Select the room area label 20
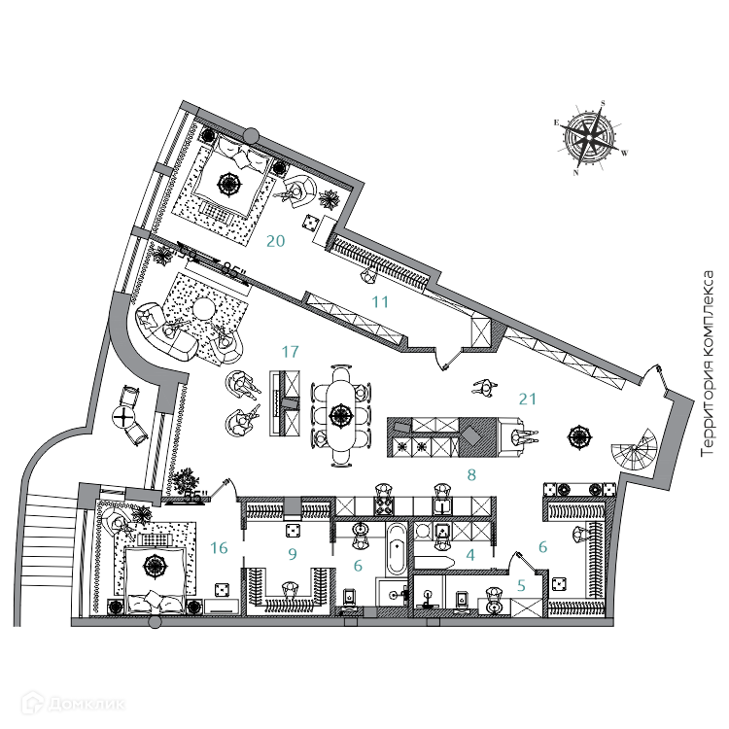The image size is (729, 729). tap(275, 241)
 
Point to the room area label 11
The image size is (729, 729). tap(379, 302)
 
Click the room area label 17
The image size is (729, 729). tap(290, 351)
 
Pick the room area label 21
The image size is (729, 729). tap(528, 399)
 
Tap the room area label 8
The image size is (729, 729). tap(471, 475)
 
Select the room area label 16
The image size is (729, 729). tap(219, 548)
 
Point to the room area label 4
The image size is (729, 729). tap(470, 556)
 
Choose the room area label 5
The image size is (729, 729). tap(521, 586)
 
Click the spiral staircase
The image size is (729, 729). tap(632, 452)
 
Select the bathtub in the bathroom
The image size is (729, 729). tap(396, 550)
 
